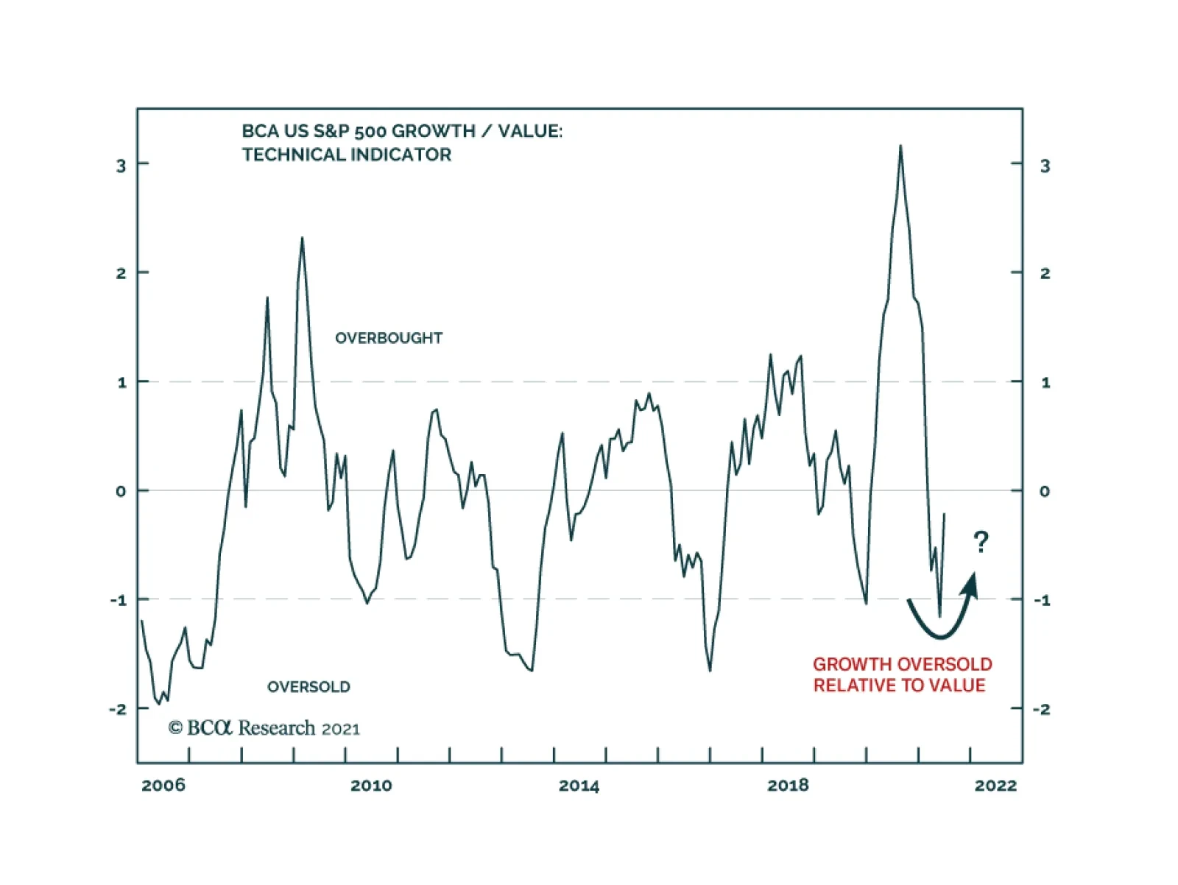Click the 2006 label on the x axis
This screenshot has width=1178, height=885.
point(163,785)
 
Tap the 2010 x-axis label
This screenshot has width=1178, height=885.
point(371,785)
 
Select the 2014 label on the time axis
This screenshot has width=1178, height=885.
point(579,785)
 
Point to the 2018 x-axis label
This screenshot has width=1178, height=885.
point(788,785)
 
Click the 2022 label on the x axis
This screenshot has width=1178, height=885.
point(995,785)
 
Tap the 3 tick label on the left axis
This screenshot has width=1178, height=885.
point(121,166)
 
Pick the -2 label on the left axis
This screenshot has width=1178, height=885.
point(118,709)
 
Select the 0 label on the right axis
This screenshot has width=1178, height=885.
point(1044,491)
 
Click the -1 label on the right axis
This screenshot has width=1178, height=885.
point(1042,600)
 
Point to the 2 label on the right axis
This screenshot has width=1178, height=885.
point(1045,273)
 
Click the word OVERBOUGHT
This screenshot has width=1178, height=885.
point(389,338)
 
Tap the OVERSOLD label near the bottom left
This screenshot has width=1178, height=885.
point(308,687)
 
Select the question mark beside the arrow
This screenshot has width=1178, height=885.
point(981,543)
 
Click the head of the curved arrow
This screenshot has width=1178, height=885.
point(972,584)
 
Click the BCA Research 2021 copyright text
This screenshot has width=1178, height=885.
point(264,728)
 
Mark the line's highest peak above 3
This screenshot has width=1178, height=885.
point(900,147)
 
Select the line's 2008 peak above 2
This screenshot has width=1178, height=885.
point(302,239)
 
